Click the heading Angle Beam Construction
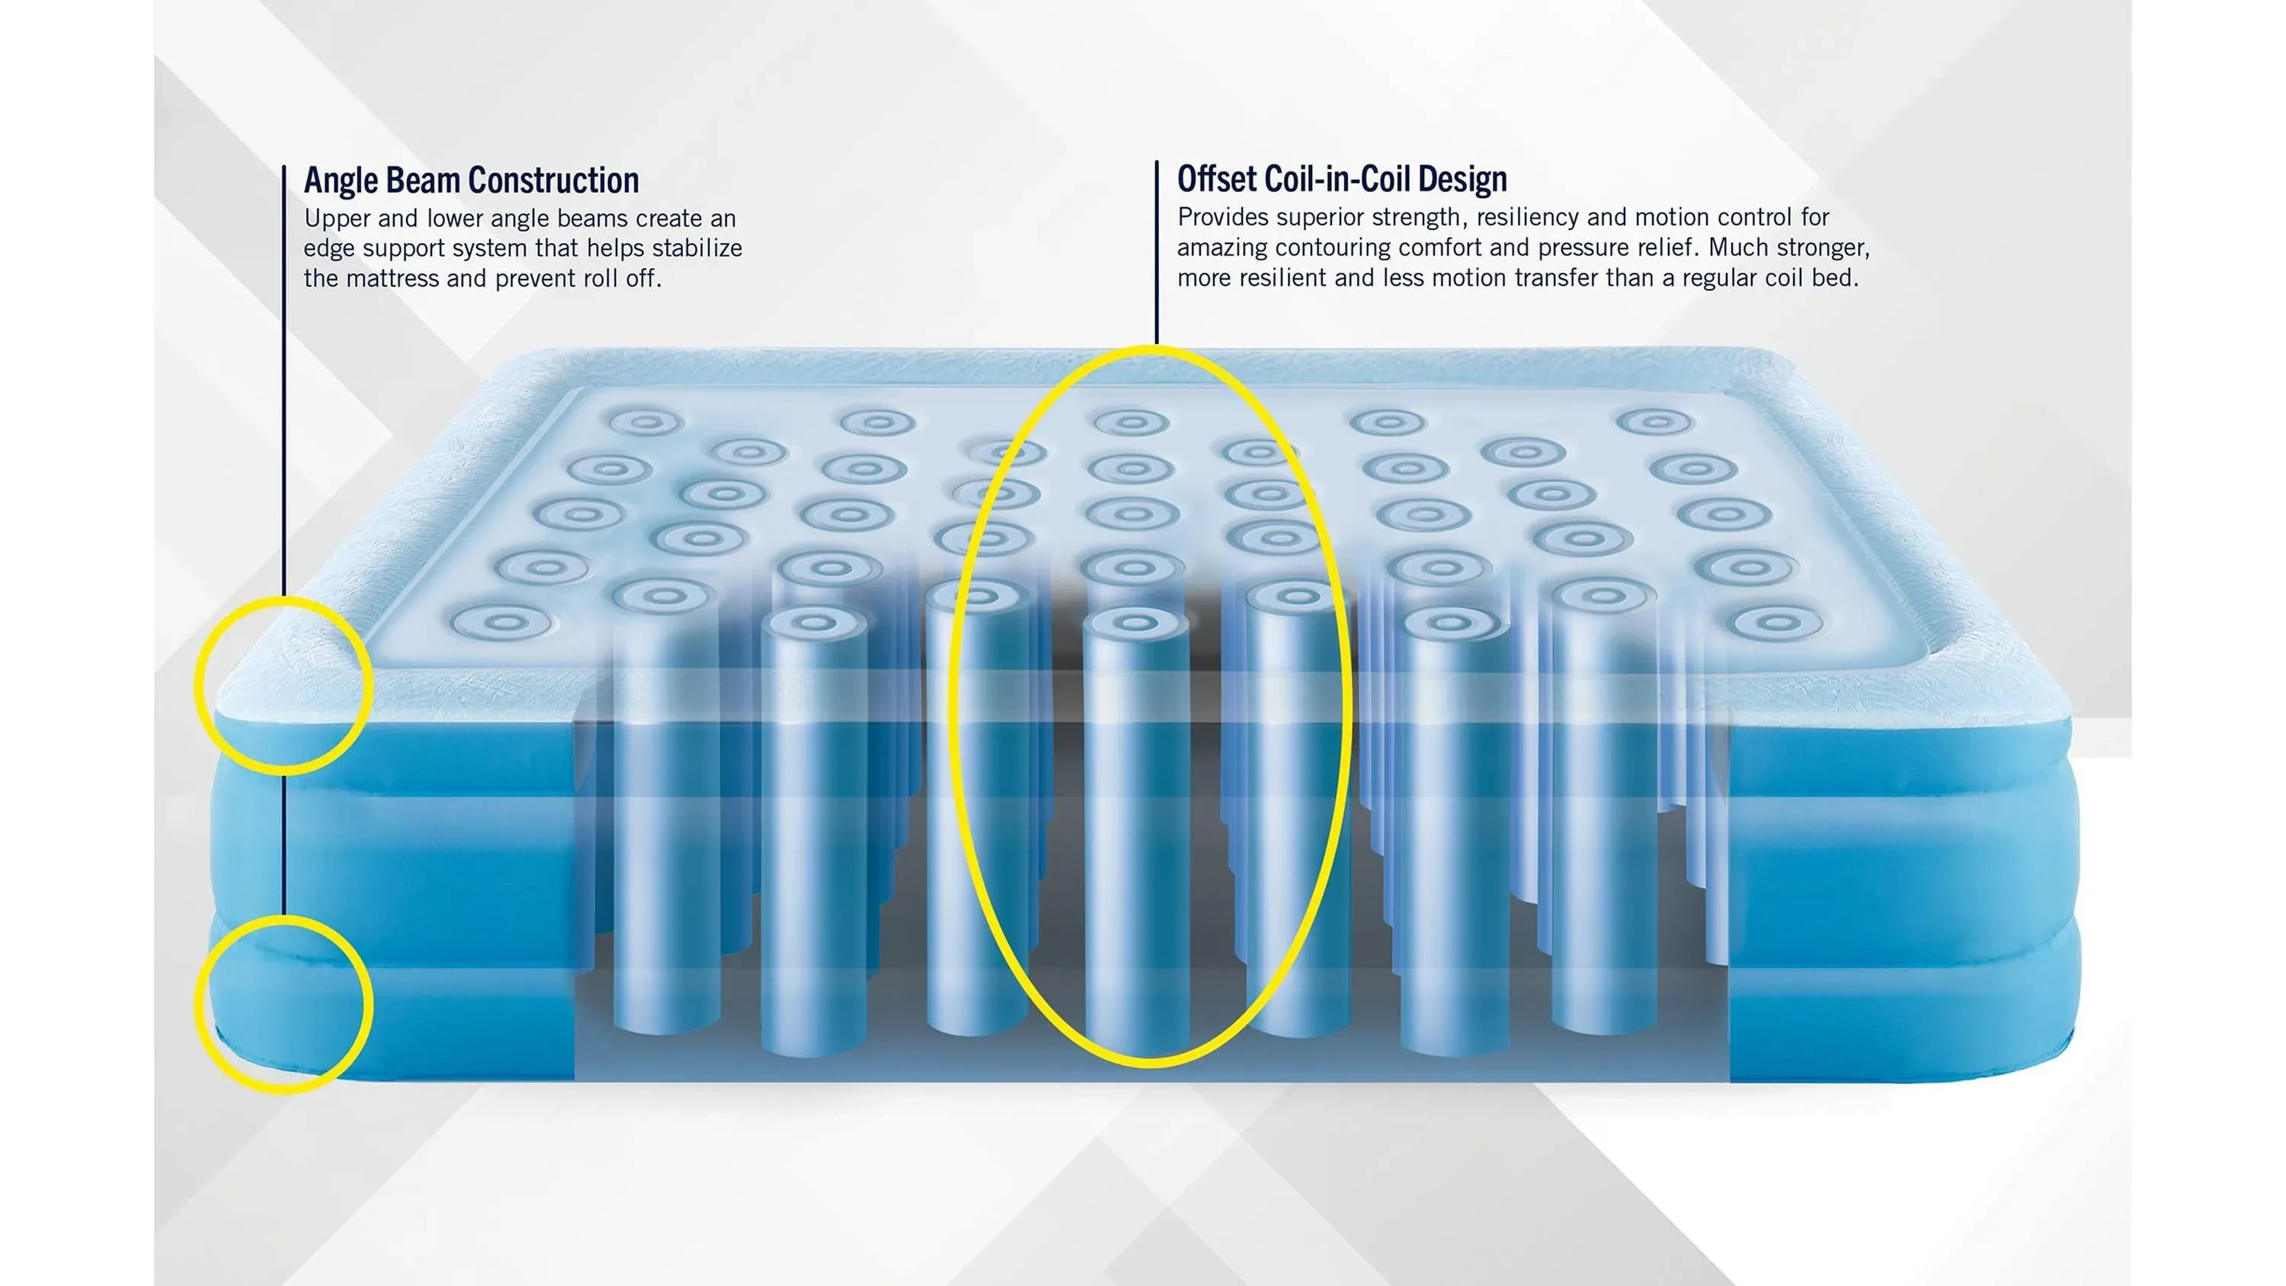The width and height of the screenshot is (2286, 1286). [471, 180]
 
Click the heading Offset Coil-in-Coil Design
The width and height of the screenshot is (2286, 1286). [1342, 178]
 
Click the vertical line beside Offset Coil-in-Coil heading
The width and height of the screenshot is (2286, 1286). [1156, 252]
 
